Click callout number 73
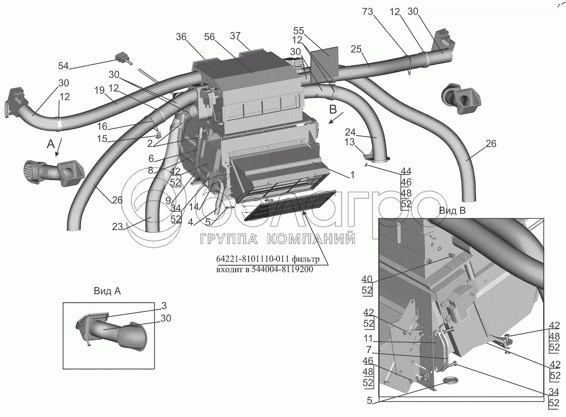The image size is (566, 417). pyautogui.click(x=368, y=12)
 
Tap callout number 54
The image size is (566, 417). pyautogui.click(x=63, y=66)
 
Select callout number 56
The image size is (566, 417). pyautogui.click(x=209, y=37)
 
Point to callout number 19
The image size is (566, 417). pyautogui.click(x=100, y=90)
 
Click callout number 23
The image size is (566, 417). pyautogui.click(x=118, y=227)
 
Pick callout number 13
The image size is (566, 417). pyautogui.click(x=350, y=142)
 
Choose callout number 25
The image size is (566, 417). pyautogui.click(x=356, y=49)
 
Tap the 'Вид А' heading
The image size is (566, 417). pyautogui.click(x=107, y=291)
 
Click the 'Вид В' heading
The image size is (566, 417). pyautogui.click(x=452, y=211)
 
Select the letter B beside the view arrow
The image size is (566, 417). pyautogui.click(x=333, y=109)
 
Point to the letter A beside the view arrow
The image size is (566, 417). pyautogui.click(x=51, y=144)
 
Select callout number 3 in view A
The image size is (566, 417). pyautogui.click(x=164, y=306)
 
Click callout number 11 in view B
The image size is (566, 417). pyautogui.click(x=369, y=338)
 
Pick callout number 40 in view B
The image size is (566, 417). pyautogui.click(x=367, y=279)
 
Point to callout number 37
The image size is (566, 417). pyautogui.click(x=235, y=36)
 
